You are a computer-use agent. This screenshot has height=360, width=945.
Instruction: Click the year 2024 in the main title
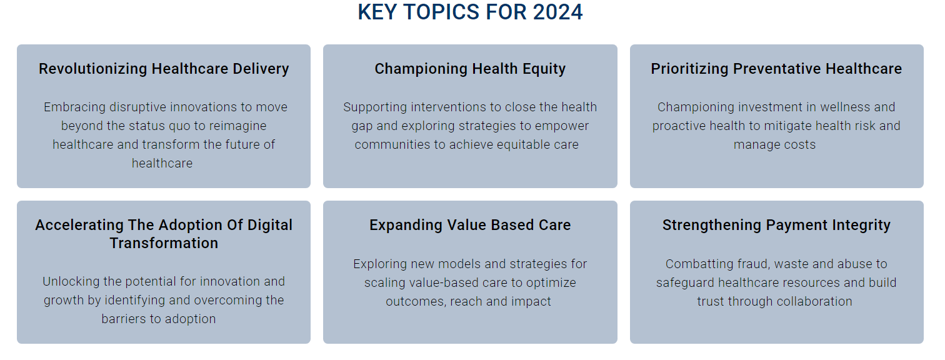[x=557, y=12]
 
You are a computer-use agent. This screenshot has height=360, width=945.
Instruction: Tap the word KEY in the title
[x=377, y=12]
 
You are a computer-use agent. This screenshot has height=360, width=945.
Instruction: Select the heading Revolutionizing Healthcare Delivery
[x=164, y=69]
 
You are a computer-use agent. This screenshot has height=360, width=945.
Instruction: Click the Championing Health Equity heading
[x=470, y=69]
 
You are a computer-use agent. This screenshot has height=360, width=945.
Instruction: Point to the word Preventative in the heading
[x=777, y=69]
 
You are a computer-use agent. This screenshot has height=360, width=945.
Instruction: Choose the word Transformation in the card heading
[x=164, y=243]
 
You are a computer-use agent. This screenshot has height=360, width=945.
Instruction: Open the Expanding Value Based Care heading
[x=470, y=225]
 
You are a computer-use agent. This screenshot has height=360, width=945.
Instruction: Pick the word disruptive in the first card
[x=138, y=107]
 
